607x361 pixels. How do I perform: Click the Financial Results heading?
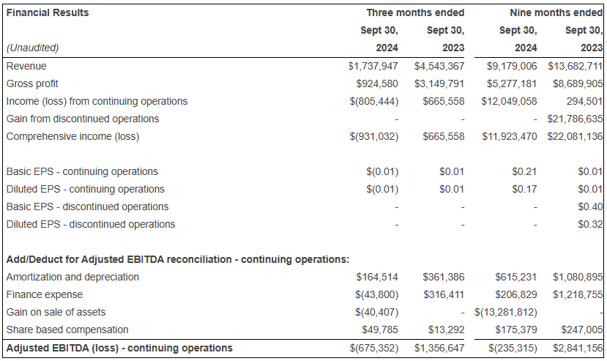(x=48, y=12)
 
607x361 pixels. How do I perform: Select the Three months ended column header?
(x=414, y=12)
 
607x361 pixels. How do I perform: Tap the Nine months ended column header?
(x=556, y=12)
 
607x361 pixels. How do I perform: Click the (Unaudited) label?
(x=32, y=48)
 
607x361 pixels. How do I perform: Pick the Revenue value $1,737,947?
(x=373, y=66)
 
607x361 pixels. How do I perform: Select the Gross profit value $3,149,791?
(x=439, y=83)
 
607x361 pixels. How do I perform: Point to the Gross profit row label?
(x=32, y=83)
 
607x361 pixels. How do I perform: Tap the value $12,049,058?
(x=509, y=101)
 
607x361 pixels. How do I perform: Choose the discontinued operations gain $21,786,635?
(x=575, y=119)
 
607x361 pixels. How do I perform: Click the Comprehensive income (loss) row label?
(x=72, y=136)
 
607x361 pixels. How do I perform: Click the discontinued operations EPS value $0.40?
(x=590, y=206)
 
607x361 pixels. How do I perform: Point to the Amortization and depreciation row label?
(x=72, y=277)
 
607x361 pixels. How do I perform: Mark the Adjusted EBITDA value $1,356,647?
(x=439, y=348)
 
